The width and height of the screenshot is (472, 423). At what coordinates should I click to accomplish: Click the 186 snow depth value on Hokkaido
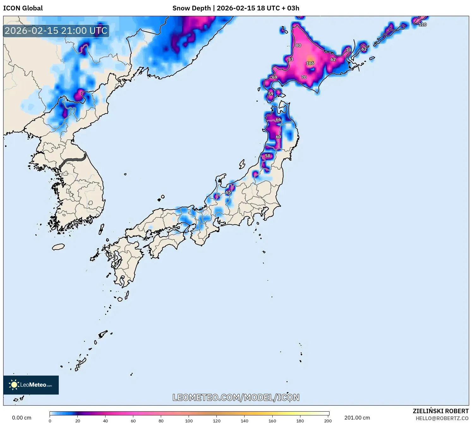point(310,63)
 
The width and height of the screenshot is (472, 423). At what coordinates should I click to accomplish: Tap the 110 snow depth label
point(422,25)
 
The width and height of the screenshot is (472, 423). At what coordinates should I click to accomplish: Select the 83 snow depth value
point(290,59)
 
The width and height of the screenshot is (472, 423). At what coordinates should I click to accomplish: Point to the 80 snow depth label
point(298,45)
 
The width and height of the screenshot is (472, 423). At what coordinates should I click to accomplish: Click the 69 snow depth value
point(274,77)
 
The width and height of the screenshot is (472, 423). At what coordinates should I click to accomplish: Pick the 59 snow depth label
point(270,94)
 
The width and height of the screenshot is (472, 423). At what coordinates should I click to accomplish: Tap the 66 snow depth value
point(278,120)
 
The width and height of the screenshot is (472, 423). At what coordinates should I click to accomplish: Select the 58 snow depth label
point(268,156)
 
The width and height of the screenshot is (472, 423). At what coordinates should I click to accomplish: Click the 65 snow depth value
point(228,192)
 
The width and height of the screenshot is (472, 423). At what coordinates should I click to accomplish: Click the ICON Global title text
point(23,8)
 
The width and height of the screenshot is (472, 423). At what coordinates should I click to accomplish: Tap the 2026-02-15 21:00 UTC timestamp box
point(56,31)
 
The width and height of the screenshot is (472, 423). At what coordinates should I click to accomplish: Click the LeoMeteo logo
point(31,385)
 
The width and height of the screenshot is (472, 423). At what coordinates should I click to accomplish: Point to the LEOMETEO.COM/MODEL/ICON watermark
point(236,397)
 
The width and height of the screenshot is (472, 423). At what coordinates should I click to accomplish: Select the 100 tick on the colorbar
point(189,421)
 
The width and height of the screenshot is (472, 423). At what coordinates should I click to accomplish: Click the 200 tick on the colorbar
point(328,421)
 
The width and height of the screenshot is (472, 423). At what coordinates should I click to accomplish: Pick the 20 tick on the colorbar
point(78,421)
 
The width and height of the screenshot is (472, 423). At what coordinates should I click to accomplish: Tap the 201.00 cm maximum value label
point(357,418)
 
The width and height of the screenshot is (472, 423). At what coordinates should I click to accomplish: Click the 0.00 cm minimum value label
point(21,418)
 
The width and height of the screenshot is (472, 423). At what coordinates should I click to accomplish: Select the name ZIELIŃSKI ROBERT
point(440,411)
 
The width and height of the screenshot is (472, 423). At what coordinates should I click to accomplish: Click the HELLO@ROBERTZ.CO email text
point(442,418)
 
